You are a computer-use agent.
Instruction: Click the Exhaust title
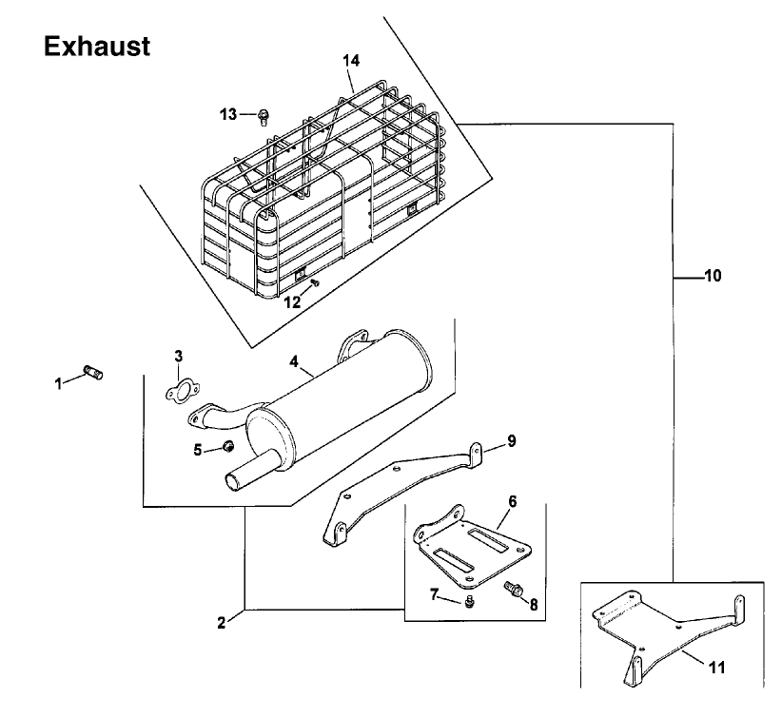pyautogui.click(x=97, y=47)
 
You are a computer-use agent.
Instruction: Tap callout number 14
pyautogui.click(x=351, y=61)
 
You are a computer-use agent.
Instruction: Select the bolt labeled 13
pyautogui.click(x=264, y=118)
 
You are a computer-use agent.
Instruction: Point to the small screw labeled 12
pyautogui.click(x=315, y=283)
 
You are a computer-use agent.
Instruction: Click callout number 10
pyautogui.click(x=714, y=276)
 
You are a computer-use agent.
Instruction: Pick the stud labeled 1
pyautogui.click(x=93, y=373)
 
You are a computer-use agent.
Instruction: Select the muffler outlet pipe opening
pyautogui.click(x=232, y=481)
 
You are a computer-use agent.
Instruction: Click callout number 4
pyautogui.click(x=294, y=361)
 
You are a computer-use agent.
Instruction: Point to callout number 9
pyautogui.click(x=512, y=441)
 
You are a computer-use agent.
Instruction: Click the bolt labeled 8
pyautogui.click(x=514, y=590)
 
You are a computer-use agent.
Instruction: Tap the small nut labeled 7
pyautogui.click(x=468, y=602)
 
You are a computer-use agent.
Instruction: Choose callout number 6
pyautogui.click(x=512, y=501)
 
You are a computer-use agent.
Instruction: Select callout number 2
pyautogui.click(x=222, y=623)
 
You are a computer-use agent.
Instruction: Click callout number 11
pyautogui.click(x=717, y=668)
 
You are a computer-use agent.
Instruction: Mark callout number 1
pyautogui.click(x=59, y=384)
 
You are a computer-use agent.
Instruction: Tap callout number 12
pyautogui.click(x=292, y=302)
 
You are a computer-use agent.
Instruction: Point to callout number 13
pyautogui.click(x=228, y=115)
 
